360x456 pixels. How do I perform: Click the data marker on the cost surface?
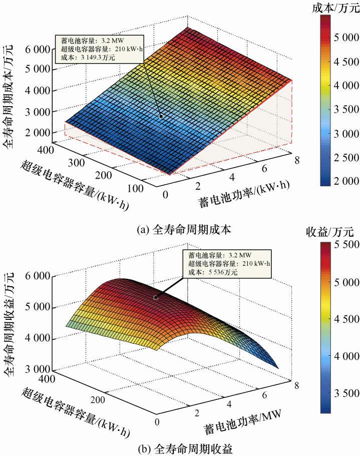click(x=161, y=116)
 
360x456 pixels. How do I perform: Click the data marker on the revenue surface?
click(x=156, y=297)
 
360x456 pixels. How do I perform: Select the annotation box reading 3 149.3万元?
click(x=101, y=49)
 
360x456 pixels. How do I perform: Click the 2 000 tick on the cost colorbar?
click(x=347, y=181)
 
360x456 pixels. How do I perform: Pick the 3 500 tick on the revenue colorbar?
click(x=347, y=393)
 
